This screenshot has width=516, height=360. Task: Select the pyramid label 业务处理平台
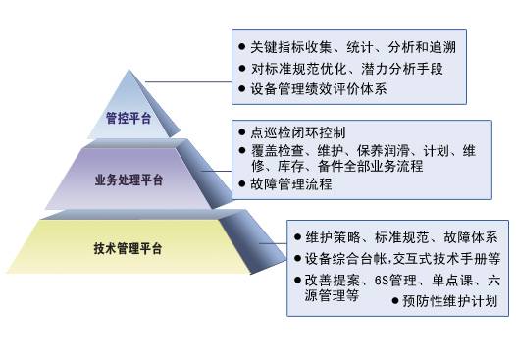pyautogui.click(x=129, y=180)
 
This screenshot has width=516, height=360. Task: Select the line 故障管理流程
pyautogui.click(x=291, y=182)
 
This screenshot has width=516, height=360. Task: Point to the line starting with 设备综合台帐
pyautogui.click(x=402, y=259)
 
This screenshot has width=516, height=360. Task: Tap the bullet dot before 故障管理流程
pyautogui.click(x=242, y=182)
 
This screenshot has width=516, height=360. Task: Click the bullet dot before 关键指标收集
pyautogui.click(x=240, y=45)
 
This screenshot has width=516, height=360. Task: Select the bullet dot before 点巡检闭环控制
pyautogui.click(x=242, y=131)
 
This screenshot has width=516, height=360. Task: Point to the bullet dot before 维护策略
pyautogui.click(x=296, y=236)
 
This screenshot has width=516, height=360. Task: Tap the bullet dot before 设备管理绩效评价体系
pyautogui.click(x=240, y=89)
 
